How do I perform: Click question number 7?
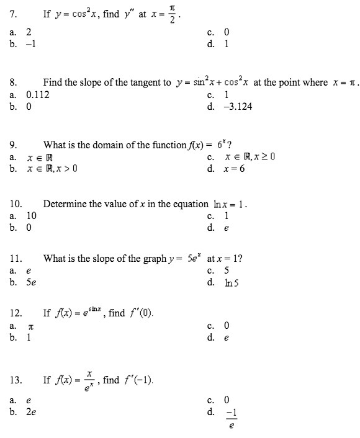(13, 14)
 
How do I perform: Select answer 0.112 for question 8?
(38, 95)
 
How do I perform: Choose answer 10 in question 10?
(32, 216)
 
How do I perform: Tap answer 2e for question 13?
(32, 411)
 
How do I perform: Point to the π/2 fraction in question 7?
(174, 13)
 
